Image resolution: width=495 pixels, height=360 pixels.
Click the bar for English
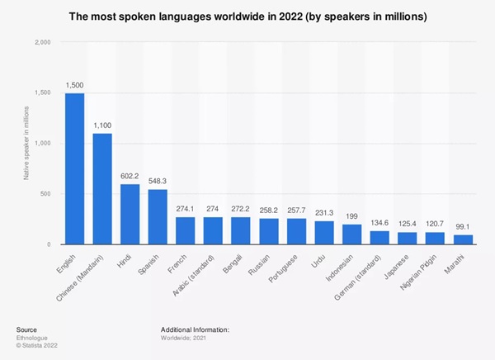[74, 169]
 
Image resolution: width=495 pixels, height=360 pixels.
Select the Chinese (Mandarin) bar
[102, 189]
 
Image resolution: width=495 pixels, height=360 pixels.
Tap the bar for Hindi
[130, 215]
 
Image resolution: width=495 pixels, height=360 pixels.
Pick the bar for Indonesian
[353, 234]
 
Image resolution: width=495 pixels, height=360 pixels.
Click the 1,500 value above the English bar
[74, 86]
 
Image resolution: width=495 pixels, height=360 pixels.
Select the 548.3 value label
[158, 182]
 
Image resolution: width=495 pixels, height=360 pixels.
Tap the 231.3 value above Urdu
[325, 215]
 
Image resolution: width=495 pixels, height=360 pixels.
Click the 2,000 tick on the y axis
[44, 42]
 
